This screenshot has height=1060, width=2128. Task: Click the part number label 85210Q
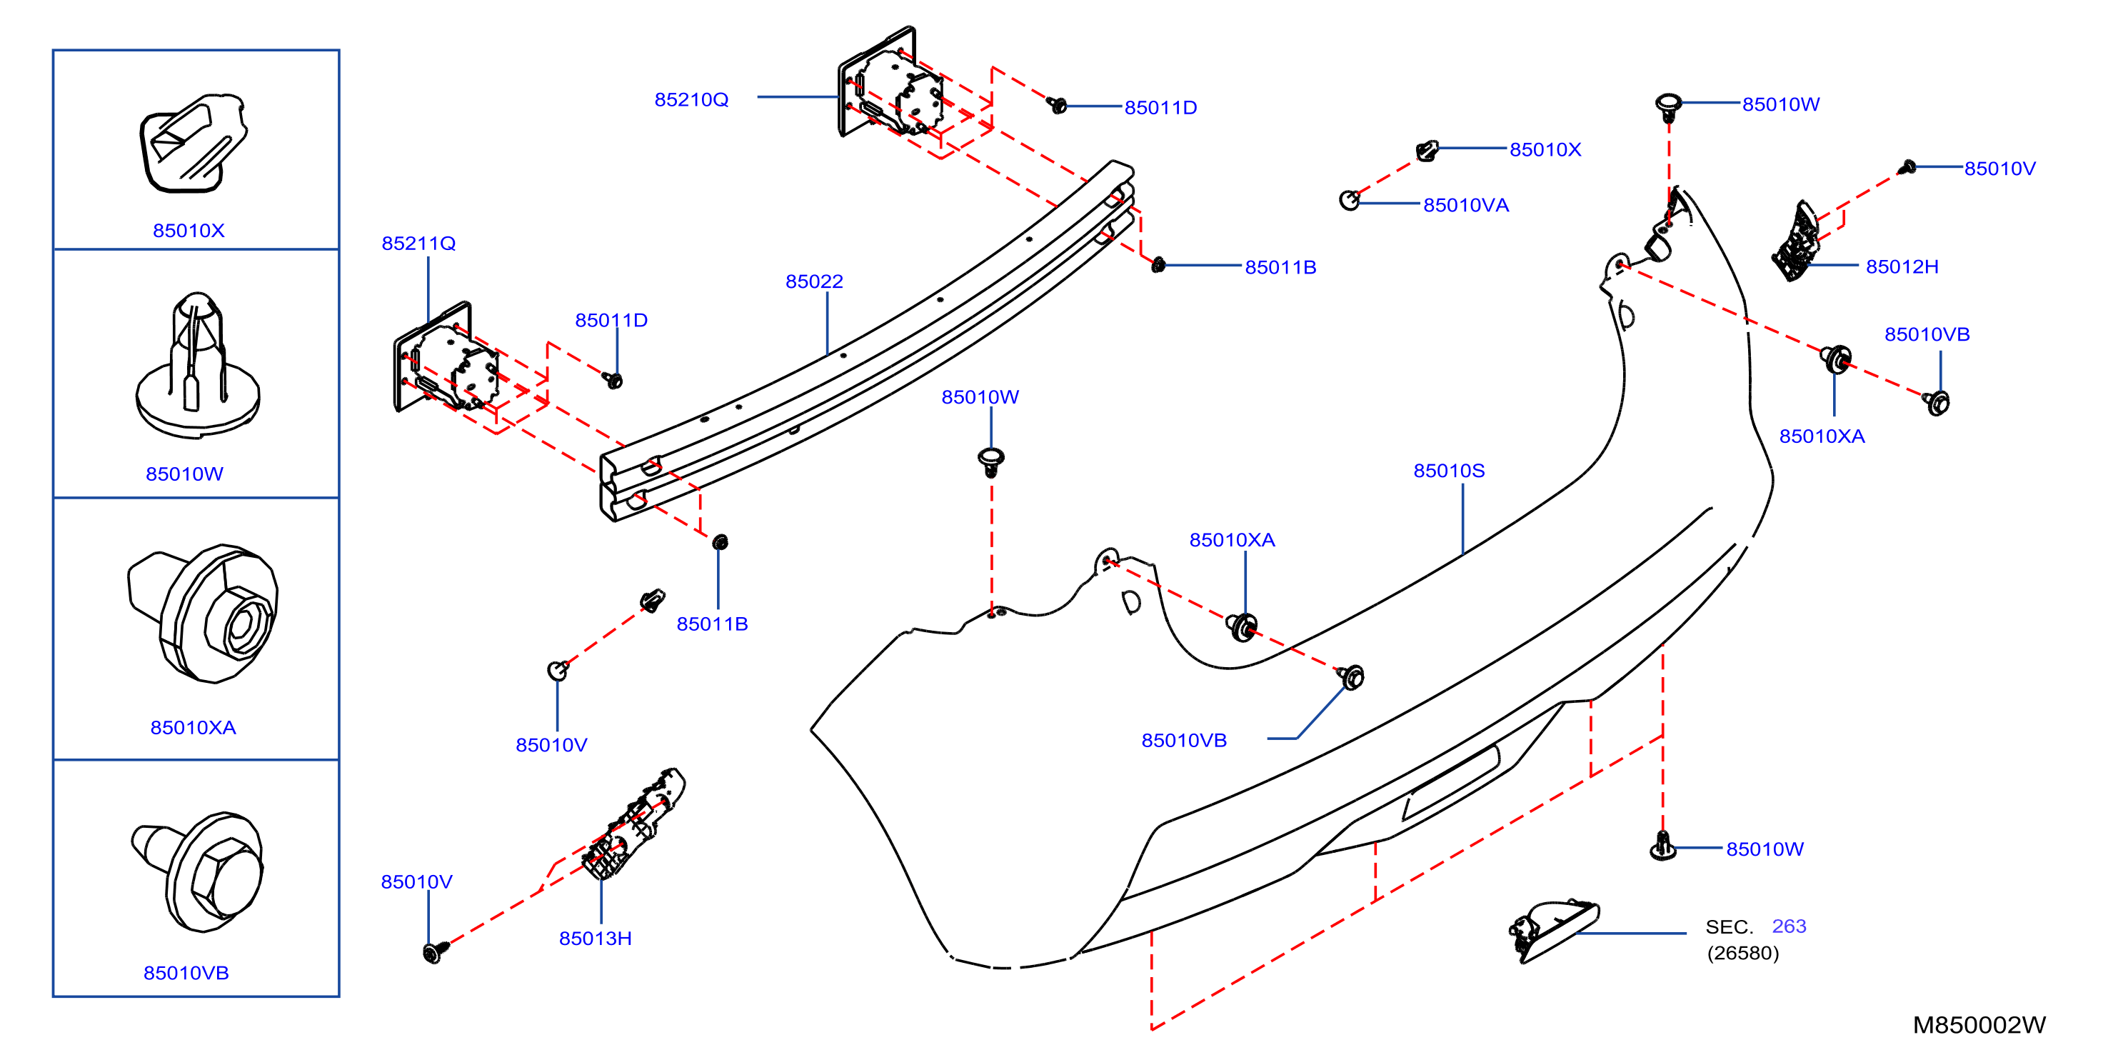[x=691, y=100]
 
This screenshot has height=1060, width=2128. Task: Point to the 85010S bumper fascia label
[x=1449, y=471]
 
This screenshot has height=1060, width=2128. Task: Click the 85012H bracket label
[x=1902, y=267]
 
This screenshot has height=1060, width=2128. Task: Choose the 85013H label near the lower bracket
[x=595, y=939]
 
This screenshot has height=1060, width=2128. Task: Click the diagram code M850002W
[x=1979, y=1025]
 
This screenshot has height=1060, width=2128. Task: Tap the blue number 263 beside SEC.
[x=1790, y=926]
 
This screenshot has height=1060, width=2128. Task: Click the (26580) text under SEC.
[x=1743, y=953]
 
